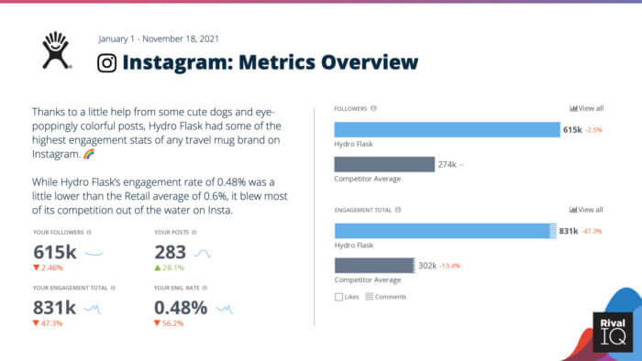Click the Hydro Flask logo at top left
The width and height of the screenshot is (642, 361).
click(58, 51)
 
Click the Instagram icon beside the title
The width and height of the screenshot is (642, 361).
click(107, 62)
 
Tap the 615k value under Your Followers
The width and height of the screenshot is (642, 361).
click(54, 252)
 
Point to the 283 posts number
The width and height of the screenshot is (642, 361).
click(172, 252)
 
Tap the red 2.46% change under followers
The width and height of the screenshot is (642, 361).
click(49, 268)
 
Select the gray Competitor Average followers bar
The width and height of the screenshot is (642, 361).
click(383, 164)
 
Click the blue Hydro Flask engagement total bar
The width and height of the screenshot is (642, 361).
click(444, 231)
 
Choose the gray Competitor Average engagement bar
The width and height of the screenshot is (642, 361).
click(374, 266)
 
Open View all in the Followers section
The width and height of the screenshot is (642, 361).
click(586, 108)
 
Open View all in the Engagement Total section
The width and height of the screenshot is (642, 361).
click(586, 209)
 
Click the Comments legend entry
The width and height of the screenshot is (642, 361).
click(385, 297)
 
